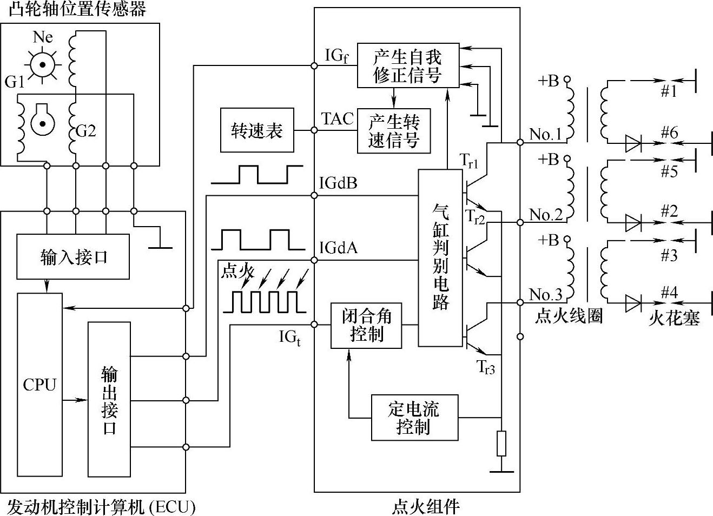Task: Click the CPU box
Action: pos(40,384)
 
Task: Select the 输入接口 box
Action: pos(73,256)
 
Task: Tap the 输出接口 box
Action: pos(109,400)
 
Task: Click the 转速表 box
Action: pos(257,130)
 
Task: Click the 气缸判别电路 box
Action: pos(441,257)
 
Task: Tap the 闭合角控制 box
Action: pos(366,325)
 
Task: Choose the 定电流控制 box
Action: pos(414,418)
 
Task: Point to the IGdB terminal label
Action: pos(338,183)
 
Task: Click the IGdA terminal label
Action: pos(338,248)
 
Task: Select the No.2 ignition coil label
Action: pos(546,215)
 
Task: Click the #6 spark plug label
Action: pos(669,133)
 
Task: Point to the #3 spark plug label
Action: pos(669,255)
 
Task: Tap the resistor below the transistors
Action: pos(502,444)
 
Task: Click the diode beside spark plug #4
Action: pos(632,303)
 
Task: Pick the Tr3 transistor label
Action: pos(486,367)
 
